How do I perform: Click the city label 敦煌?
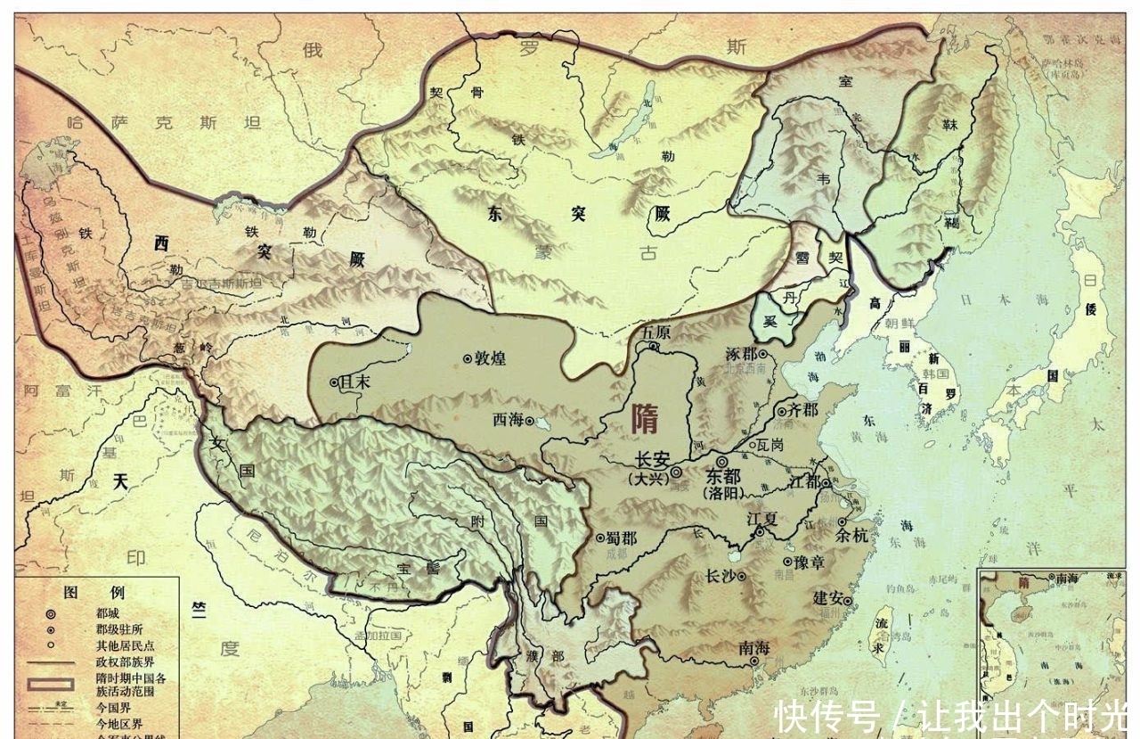[x=490, y=358]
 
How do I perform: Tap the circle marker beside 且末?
[x=334, y=382]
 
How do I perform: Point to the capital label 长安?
[x=651, y=461]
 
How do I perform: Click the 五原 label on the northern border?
[x=655, y=332]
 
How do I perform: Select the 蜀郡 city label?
[x=621, y=538]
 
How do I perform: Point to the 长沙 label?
[x=719, y=577]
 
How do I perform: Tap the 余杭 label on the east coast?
[x=850, y=536]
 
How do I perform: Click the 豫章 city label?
[x=811, y=562]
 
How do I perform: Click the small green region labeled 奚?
[x=768, y=321]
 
